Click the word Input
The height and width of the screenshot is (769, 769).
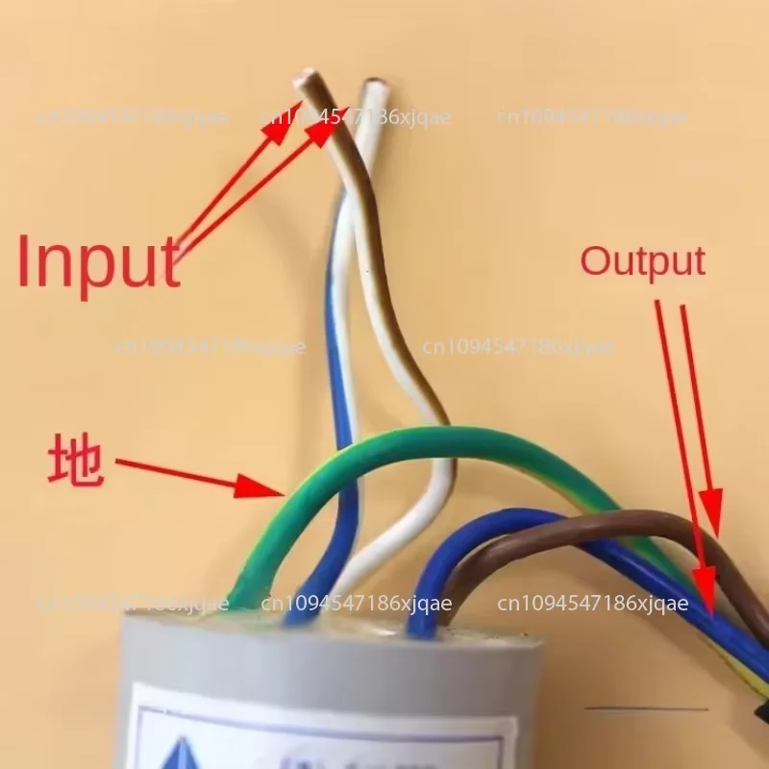point(98,260)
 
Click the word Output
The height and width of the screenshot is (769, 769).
point(642,260)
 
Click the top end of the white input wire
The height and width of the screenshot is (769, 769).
point(375,88)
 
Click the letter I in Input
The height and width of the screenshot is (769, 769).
point(27,261)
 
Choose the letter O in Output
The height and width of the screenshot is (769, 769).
point(596,261)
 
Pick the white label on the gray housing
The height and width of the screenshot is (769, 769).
point(317,731)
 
